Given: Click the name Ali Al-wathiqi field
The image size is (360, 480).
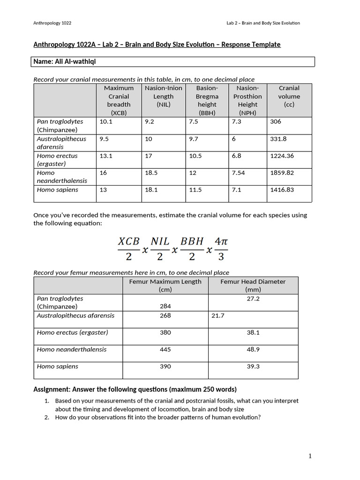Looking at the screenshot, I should pyautogui.click(x=66, y=62).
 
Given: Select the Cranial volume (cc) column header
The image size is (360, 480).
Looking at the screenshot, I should pyautogui.click(x=289, y=96).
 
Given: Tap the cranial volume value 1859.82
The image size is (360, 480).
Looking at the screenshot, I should pyautogui.click(x=282, y=172).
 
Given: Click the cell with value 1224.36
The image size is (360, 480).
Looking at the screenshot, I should pyautogui.click(x=282, y=156).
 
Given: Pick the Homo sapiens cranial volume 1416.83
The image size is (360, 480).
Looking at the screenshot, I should pyautogui.click(x=282, y=189).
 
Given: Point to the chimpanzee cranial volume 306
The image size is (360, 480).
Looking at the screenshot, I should pyautogui.click(x=276, y=121).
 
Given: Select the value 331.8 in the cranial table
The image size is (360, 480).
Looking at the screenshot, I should pyautogui.click(x=278, y=139).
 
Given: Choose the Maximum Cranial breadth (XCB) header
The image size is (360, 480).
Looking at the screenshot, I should pyautogui.click(x=119, y=100).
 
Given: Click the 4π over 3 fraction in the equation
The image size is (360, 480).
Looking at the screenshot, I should pyautogui.click(x=221, y=249).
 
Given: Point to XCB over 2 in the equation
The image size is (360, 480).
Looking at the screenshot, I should pyautogui.click(x=128, y=249).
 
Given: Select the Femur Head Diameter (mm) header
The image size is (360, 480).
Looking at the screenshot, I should pyautogui.click(x=253, y=285).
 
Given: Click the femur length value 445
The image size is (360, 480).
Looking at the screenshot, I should pyautogui.click(x=165, y=349).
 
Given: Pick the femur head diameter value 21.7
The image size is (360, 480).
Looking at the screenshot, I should pyautogui.click(x=218, y=315).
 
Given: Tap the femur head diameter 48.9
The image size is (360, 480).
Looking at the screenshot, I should pyautogui.click(x=253, y=349).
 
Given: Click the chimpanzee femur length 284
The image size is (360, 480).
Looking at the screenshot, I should pyautogui.click(x=165, y=306).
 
